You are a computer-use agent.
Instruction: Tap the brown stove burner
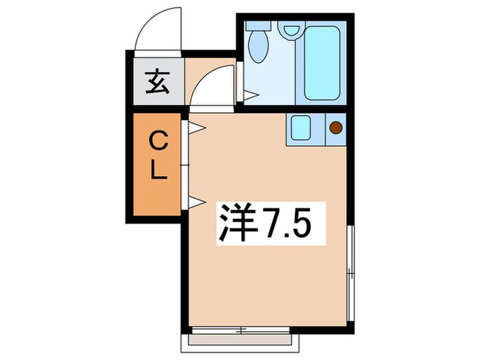[336, 127]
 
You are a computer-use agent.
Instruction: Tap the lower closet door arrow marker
[194, 201]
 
